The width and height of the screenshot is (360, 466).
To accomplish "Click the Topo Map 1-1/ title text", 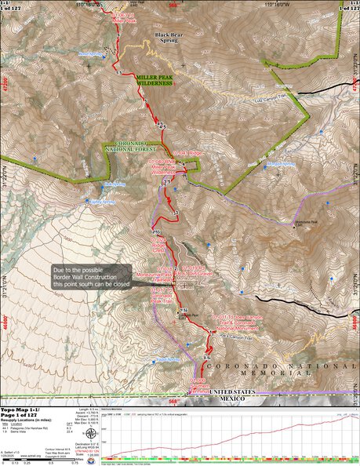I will (21, 410).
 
